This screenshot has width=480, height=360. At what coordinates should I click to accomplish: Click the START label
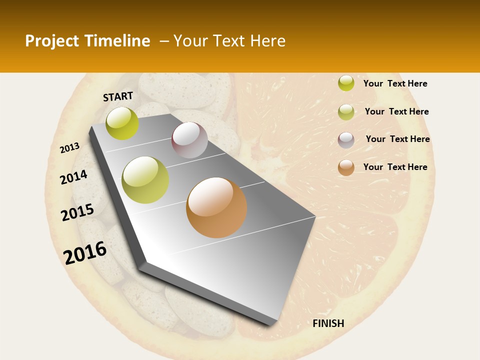tap(118, 96)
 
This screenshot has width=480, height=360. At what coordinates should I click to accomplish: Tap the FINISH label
tap(328, 323)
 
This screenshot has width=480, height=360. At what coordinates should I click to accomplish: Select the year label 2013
tap(69, 148)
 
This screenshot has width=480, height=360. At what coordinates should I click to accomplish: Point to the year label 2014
tap(73, 177)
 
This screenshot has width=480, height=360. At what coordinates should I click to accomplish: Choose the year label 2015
tap(77, 212)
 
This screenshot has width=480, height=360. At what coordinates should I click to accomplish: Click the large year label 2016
tap(85, 252)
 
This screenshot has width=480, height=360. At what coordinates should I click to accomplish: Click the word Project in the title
tap(51, 41)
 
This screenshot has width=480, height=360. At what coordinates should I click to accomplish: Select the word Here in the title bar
tap(267, 41)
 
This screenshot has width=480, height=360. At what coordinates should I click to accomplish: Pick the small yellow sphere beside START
tap(122, 123)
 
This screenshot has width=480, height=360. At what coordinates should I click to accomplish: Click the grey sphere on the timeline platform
tap(189, 140)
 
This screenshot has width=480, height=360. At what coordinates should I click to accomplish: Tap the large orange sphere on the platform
tap(216, 207)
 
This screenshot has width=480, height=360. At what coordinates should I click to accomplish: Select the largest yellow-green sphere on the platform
tap(145, 180)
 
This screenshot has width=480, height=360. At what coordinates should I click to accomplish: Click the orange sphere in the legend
tap(346, 167)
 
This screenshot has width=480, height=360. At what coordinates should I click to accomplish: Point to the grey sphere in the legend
tap(346, 140)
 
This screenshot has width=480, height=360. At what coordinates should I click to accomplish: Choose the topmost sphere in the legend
tap(346, 83)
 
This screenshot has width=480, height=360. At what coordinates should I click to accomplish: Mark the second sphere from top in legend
tap(346, 112)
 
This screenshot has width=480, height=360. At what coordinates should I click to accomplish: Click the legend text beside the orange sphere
tap(395, 167)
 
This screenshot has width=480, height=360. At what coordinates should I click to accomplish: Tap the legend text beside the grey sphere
tap(397, 139)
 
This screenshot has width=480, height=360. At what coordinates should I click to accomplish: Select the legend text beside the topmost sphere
tap(395, 83)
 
